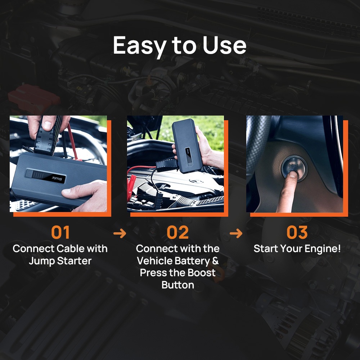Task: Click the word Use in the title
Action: [224, 45]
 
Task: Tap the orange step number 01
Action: [60, 232]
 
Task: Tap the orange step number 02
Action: [177, 232]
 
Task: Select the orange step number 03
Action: [297, 232]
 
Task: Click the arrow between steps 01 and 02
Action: [120, 234]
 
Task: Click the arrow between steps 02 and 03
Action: [236, 234]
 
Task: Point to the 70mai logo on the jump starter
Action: [57, 178]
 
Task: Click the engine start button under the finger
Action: [294, 169]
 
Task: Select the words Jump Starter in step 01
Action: [60, 261]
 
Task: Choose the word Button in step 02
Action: [178, 285]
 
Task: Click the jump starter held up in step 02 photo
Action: [187, 145]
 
